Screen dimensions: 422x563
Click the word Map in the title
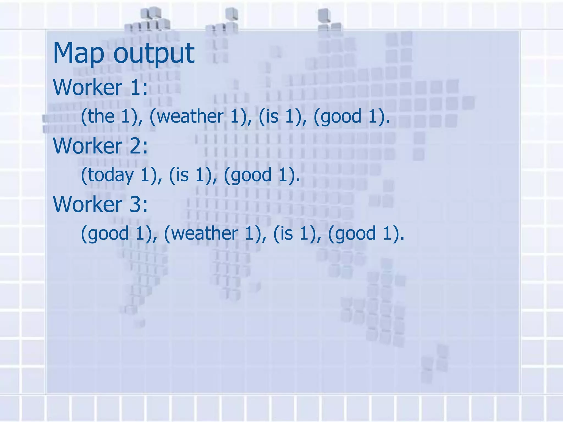pyautogui.click(x=79, y=53)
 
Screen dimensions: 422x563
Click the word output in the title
pyautogui.click(x=154, y=53)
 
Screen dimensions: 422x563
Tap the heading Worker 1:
pyautogui.click(x=100, y=87)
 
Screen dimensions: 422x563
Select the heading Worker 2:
pyautogui.click(x=100, y=146)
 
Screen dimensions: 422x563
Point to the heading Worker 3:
pyautogui.click(x=100, y=204)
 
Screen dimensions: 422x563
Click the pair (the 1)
pyautogui.click(x=111, y=116)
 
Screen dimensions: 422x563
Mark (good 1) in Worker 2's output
pyautogui.click(x=261, y=175)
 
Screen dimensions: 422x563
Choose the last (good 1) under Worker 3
pyautogui.click(x=366, y=234)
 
